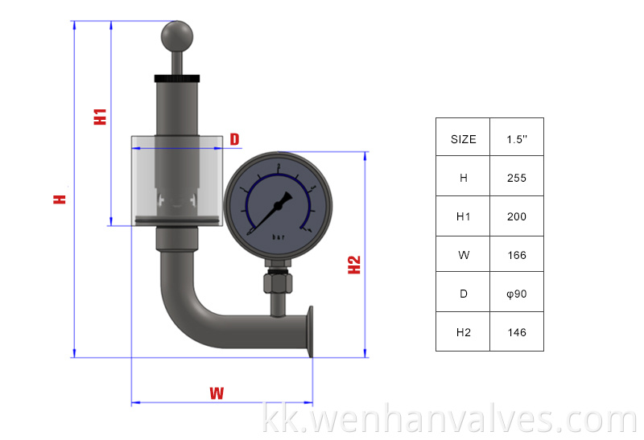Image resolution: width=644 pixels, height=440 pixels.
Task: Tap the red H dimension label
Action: coord(59,198)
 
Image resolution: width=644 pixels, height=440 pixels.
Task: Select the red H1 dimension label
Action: coord(100,115)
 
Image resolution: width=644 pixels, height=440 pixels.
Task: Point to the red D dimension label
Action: coord(234,139)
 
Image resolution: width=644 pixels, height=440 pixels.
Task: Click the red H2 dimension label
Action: coord(354,265)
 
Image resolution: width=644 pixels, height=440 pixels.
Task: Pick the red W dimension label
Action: coord(216,393)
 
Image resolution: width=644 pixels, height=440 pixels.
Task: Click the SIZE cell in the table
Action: coord(463,138)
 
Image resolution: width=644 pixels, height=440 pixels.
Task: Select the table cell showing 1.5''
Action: coord(517,138)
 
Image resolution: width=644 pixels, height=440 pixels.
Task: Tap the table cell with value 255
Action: coord(517,178)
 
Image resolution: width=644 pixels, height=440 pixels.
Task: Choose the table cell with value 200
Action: coord(517,216)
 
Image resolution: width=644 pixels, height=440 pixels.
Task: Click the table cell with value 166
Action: coord(517,255)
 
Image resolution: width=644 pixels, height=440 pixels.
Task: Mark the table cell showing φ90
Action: coord(517,294)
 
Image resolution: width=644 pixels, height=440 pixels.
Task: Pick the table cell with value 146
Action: coord(517,332)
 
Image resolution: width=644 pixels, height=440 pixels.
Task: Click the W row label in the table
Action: coord(463,255)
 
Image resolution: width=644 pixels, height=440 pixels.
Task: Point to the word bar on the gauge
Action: coord(279,237)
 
